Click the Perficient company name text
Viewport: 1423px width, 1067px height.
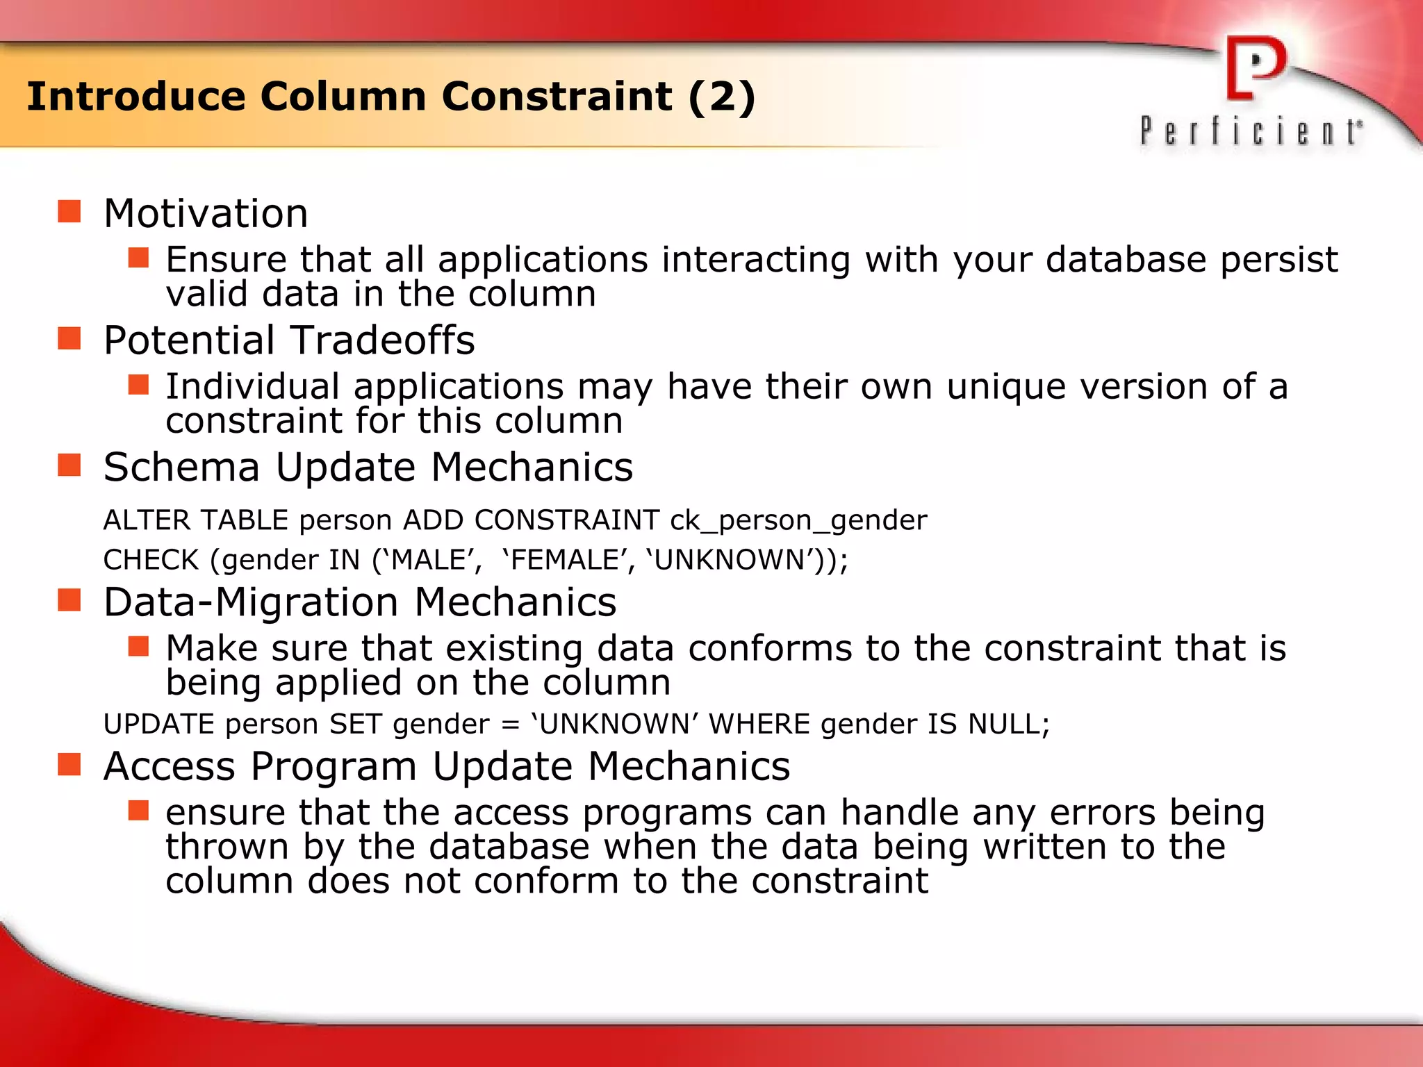click(1251, 131)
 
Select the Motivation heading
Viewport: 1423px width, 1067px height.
click(206, 213)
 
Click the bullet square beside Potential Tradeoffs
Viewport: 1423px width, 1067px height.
click(69, 339)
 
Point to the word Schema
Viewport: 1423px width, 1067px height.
click(181, 467)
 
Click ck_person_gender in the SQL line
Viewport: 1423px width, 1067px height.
click(798, 520)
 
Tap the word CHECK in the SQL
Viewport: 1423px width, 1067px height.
click(151, 560)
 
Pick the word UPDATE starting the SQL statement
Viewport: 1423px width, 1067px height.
click(158, 725)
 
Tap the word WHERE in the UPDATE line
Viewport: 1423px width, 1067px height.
click(759, 725)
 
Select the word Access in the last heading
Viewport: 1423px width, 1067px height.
click(170, 766)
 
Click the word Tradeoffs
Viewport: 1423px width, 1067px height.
click(383, 340)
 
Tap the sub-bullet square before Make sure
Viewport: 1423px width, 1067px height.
click(139, 646)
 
